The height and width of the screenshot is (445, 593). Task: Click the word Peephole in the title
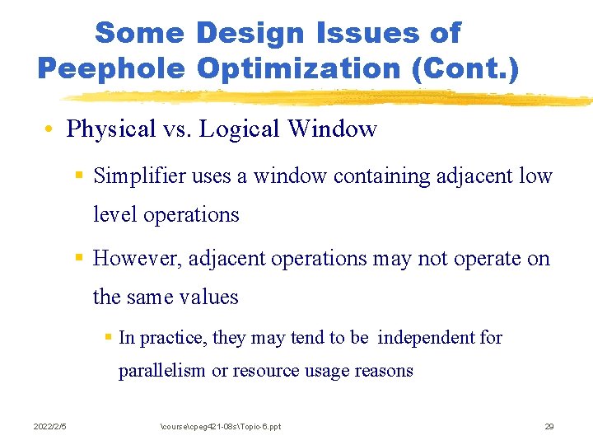pos(111,68)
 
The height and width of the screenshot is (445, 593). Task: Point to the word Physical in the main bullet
pos(111,129)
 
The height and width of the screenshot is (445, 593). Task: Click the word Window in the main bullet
pos(338,129)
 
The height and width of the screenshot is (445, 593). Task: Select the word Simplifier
pos(138,176)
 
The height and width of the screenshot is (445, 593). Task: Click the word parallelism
pos(162,371)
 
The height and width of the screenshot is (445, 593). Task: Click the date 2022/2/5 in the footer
pos(50,426)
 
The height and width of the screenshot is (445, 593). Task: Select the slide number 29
pos(549,426)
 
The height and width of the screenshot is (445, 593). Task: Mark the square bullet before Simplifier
pos(78,176)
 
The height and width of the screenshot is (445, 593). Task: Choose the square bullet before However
pos(78,259)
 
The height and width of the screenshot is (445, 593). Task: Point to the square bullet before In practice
pos(108,338)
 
